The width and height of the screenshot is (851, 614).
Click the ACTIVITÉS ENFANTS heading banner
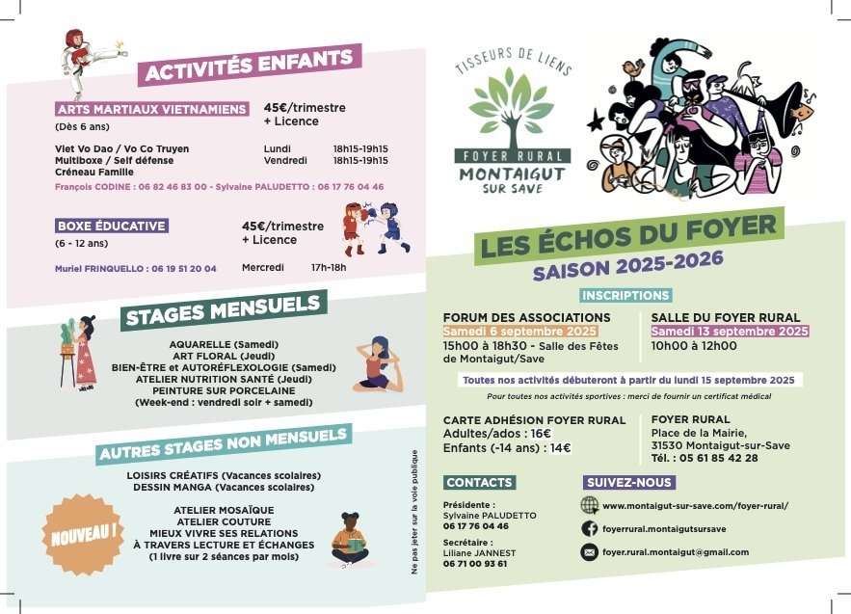click(x=250, y=65)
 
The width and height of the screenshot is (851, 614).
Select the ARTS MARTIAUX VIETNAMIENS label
click(x=151, y=109)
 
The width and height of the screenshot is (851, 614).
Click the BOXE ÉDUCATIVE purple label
click(x=112, y=226)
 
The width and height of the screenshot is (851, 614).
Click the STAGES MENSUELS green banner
click(x=223, y=309)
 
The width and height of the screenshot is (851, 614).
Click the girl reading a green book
click(x=350, y=541)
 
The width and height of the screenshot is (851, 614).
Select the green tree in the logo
click(x=513, y=112)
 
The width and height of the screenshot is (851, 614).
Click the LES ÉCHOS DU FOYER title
click(x=628, y=235)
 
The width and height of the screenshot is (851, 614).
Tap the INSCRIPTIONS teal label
click(x=625, y=295)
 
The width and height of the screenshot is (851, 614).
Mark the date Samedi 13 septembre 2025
click(x=730, y=332)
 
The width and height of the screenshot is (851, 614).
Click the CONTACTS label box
click(x=479, y=482)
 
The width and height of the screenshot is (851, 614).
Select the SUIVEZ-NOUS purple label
click(x=628, y=482)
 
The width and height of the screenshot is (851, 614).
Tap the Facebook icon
click(x=589, y=528)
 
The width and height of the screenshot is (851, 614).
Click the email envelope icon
click(x=589, y=552)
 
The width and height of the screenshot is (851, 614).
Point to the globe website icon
click(x=589, y=505)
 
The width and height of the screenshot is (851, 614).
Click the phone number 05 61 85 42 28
click(x=719, y=457)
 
